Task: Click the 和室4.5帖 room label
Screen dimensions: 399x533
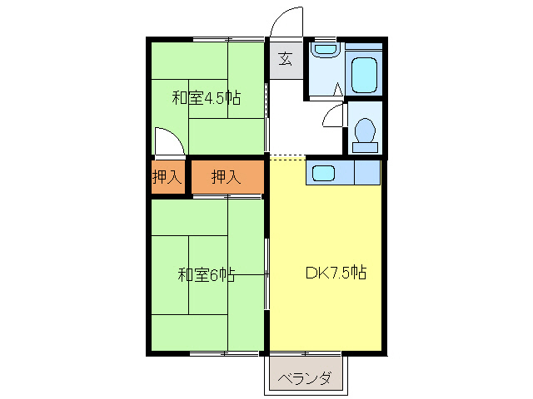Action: pyautogui.click(x=207, y=97)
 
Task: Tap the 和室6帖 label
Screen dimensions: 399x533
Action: pyautogui.click(x=206, y=274)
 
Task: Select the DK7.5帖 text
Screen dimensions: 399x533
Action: pyautogui.click(x=336, y=272)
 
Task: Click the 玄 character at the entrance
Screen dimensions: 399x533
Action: pyautogui.click(x=285, y=59)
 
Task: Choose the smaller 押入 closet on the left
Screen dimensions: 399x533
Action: pyautogui.click(x=167, y=176)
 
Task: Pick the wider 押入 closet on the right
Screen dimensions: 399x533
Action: pyautogui.click(x=226, y=176)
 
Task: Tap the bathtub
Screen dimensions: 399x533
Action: pyautogui.click(x=365, y=76)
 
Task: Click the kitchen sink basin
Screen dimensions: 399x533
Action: pyautogui.click(x=323, y=174)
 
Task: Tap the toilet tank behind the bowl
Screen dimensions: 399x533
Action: pyautogui.click(x=365, y=148)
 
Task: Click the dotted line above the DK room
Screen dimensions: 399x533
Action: pyautogui.click(x=287, y=157)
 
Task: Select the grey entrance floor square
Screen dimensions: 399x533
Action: pyautogui.click(x=286, y=59)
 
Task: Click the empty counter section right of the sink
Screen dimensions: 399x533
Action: pyautogui.click(x=367, y=173)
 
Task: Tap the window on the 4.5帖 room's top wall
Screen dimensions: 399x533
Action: pyautogui.click(x=228, y=38)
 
